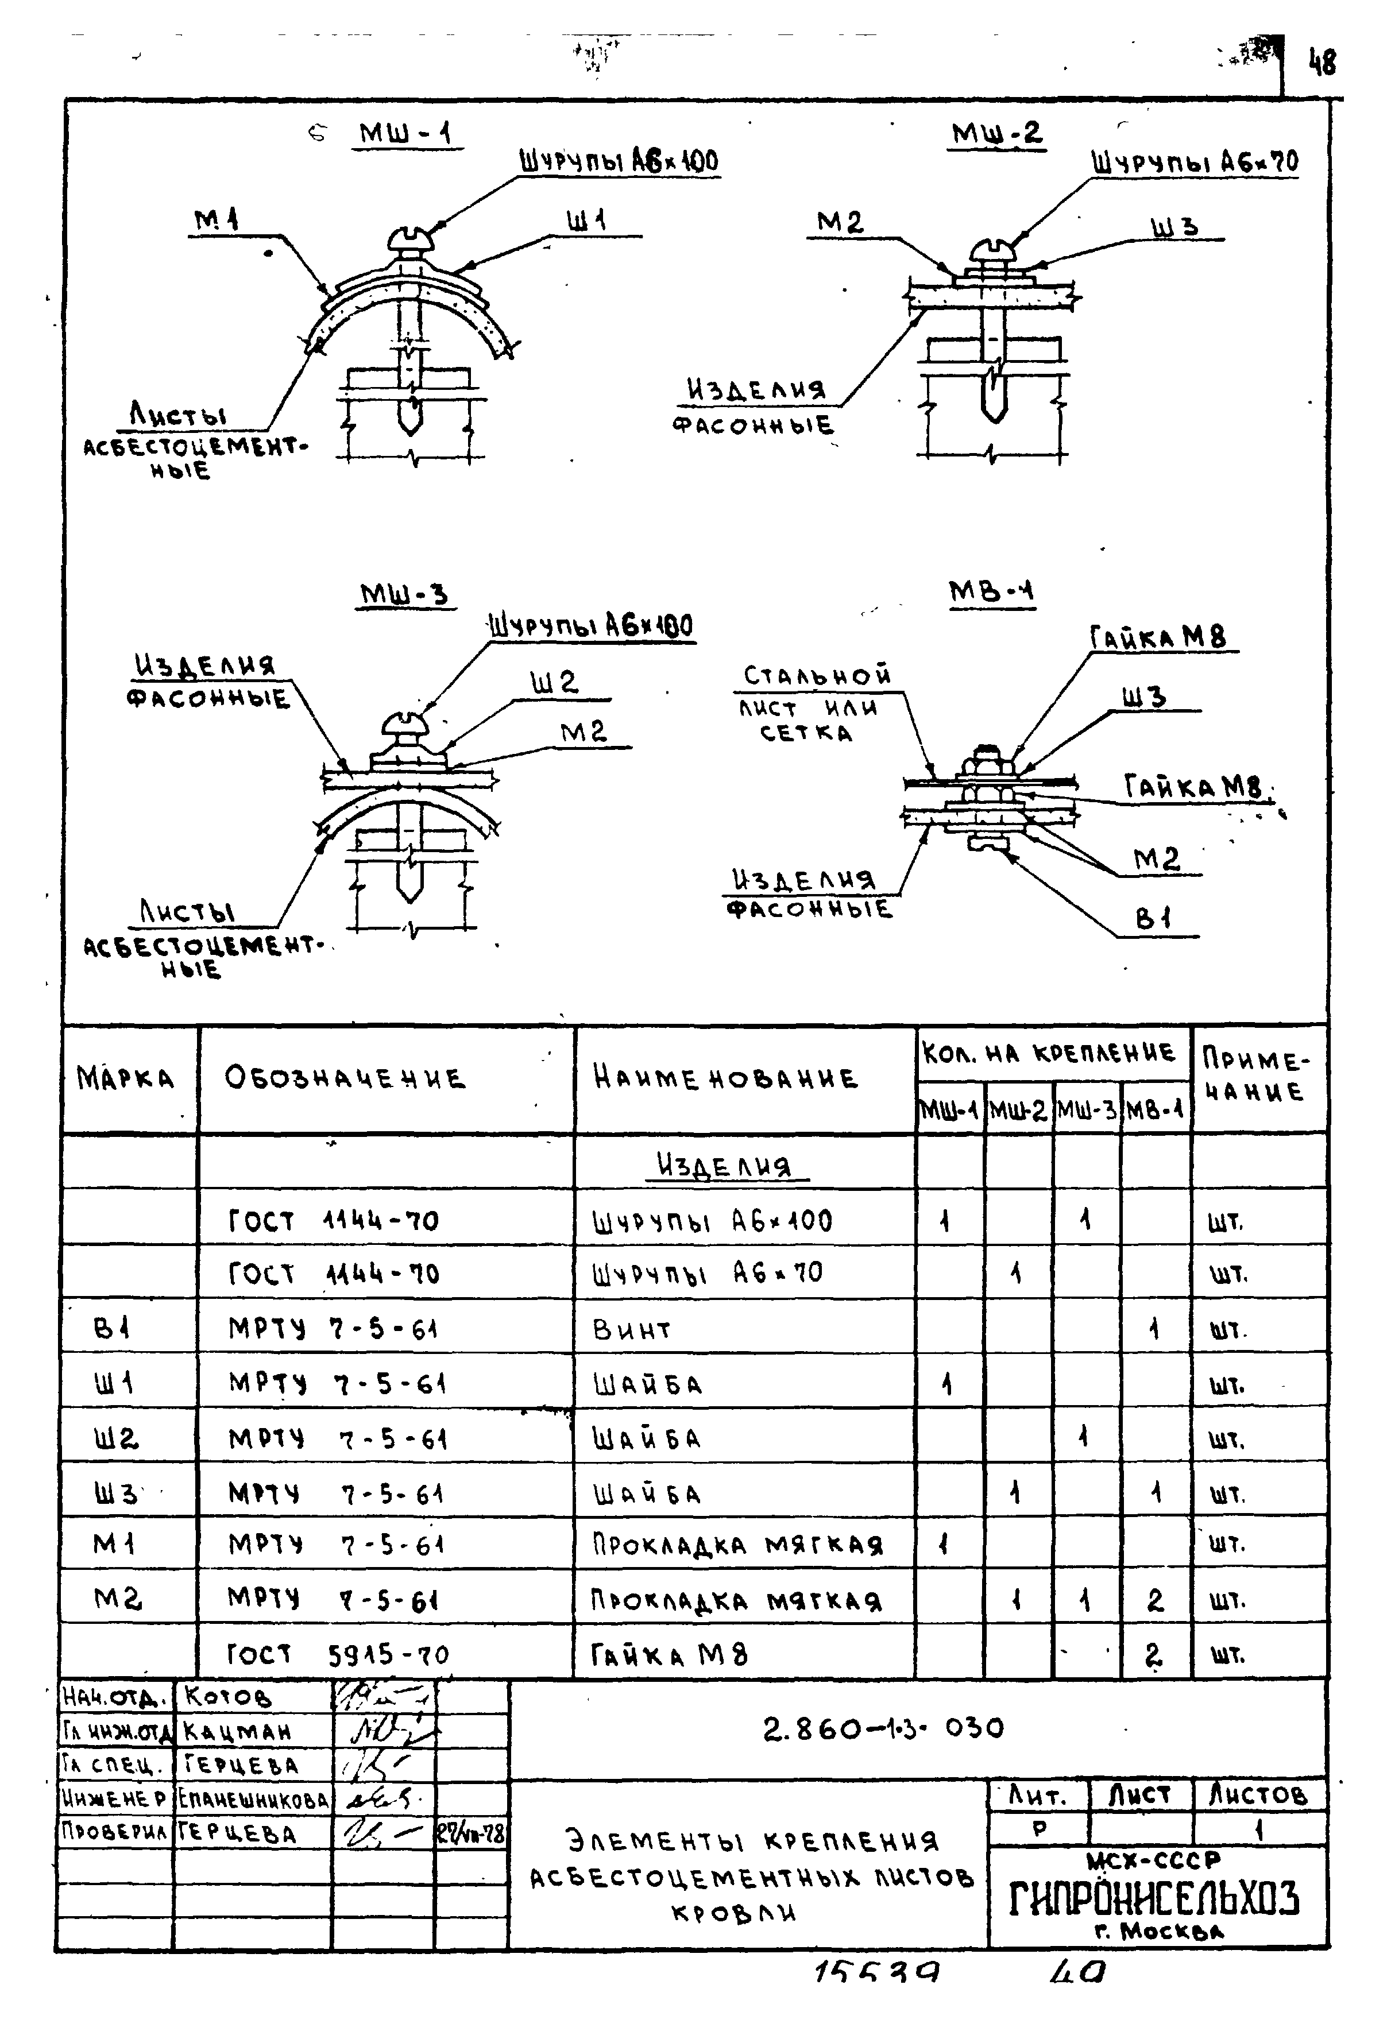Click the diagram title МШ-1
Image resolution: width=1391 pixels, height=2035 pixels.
[x=407, y=134]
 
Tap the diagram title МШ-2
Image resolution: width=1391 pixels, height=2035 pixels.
[x=997, y=134]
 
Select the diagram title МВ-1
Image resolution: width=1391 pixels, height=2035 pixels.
[x=992, y=593]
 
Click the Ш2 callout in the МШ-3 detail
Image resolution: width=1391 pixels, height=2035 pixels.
[x=554, y=683]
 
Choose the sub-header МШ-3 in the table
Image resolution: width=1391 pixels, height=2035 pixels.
[x=1086, y=1111]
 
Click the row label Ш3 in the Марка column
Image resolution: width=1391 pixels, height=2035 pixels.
[x=117, y=1493]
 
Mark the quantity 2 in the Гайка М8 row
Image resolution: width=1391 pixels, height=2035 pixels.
[x=1154, y=1654]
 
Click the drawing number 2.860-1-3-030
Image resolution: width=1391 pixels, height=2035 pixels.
[x=883, y=1728]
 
